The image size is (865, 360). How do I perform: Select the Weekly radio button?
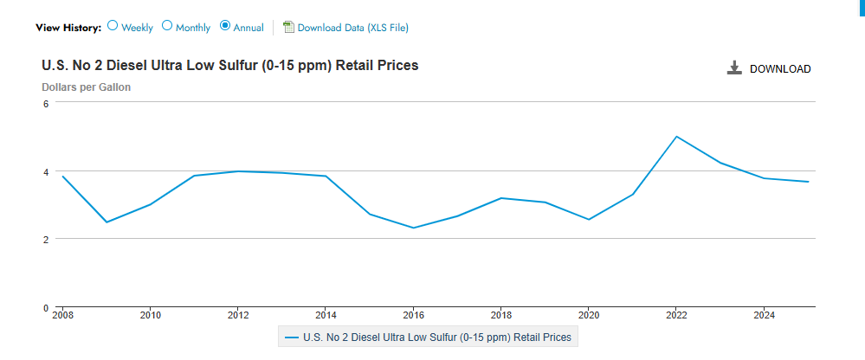113,26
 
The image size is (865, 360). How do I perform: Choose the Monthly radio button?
167,26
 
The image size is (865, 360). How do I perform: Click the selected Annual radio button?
225,26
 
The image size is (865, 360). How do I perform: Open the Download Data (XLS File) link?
352,28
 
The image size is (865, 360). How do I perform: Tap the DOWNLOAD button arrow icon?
734,68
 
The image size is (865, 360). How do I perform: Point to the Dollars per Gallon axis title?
87,87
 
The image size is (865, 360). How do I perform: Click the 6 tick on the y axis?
46,103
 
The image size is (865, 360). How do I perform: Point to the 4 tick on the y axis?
46,171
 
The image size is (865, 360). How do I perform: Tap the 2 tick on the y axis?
46,239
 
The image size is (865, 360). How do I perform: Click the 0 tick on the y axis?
46,307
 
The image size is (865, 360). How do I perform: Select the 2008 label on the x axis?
62,315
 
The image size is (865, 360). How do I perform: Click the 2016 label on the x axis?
413,315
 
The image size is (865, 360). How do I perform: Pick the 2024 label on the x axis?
764,315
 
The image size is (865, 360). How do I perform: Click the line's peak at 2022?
676,137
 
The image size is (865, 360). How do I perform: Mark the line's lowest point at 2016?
413,228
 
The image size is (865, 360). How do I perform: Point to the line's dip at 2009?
107,222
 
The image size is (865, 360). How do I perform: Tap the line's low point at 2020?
589,219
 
